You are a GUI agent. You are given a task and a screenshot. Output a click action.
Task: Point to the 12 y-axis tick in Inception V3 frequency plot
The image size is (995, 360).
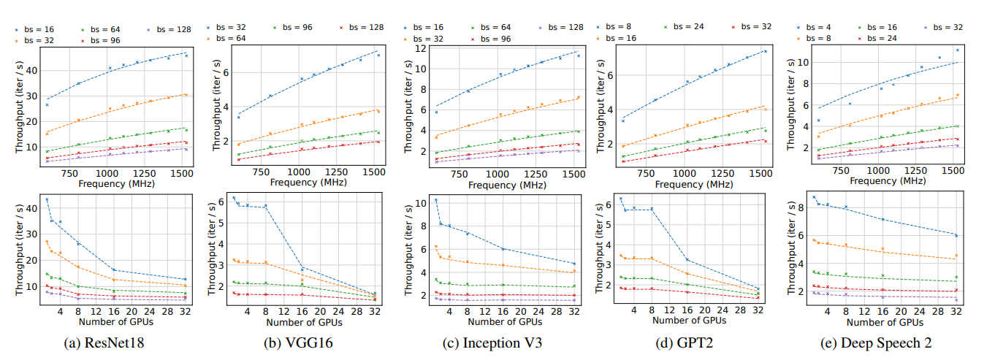pyautogui.click(x=419, y=49)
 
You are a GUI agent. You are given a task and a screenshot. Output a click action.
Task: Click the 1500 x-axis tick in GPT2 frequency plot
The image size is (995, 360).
pyautogui.click(x=761, y=175)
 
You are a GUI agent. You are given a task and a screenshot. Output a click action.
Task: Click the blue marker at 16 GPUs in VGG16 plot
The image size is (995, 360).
pyautogui.click(x=302, y=269)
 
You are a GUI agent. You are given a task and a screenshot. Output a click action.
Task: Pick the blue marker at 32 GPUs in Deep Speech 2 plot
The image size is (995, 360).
pyautogui.click(x=956, y=235)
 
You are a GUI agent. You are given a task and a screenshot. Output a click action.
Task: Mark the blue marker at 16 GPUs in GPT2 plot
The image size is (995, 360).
pyautogui.click(x=687, y=259)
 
